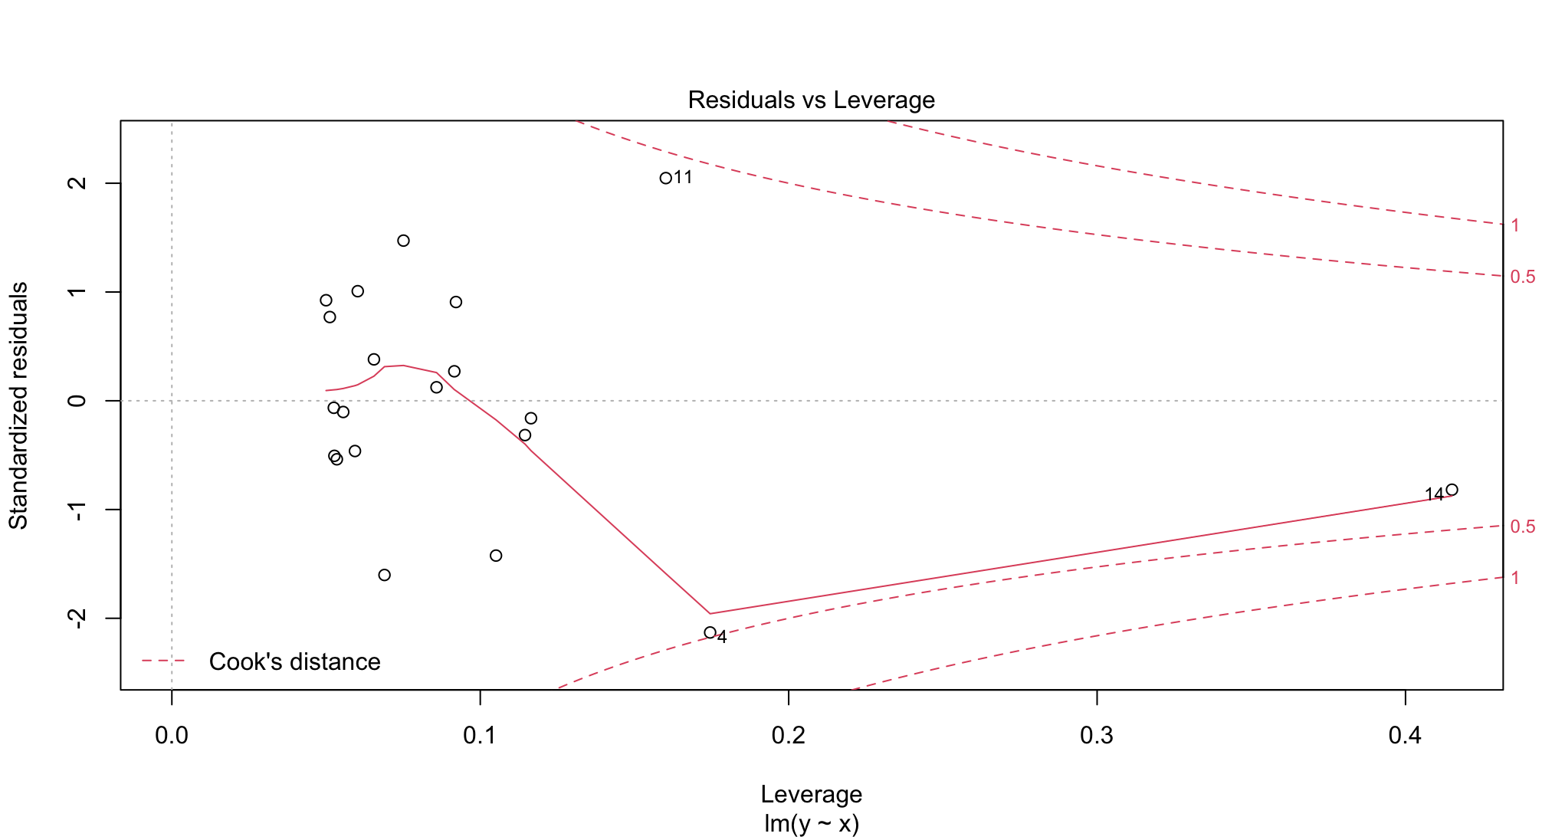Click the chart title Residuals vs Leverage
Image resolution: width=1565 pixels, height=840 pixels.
click(811, 100)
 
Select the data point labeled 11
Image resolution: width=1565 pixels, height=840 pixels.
click(665, 178)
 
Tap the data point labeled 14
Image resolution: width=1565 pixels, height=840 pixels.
click(1452, 490)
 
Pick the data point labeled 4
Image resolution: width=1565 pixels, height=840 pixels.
click(710, 632)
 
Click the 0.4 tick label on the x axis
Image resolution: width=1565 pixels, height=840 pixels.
click(1405, 736)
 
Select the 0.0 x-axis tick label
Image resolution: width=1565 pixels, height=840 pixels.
click(172, 736)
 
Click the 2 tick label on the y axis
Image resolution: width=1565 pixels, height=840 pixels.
click(77, 183)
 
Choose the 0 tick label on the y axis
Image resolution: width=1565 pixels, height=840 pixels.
click(77, 401)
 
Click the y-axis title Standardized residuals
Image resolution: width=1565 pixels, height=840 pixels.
click(18, 405)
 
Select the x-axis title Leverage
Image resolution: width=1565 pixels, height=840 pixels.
click(811, 794)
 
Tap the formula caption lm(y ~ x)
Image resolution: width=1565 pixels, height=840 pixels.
click(811, 824)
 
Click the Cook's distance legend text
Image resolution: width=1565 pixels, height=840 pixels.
click(294, 661)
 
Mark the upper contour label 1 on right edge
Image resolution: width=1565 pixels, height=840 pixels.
click(1515, 225)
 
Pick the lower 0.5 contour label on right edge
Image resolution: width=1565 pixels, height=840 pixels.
click(1522, 527)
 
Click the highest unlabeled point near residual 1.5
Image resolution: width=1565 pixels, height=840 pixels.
click(403, 241)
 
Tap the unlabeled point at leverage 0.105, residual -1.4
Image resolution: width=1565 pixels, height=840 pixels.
click(496, 556)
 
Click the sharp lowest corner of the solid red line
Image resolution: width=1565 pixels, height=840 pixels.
click(710, 613)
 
